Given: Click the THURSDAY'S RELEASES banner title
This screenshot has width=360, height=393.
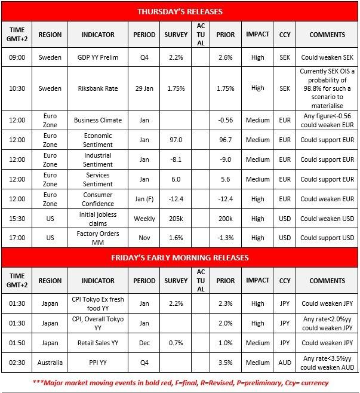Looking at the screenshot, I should (x=180, y=11).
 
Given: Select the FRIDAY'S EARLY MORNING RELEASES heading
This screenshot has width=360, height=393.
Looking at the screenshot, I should (x=180, y=257).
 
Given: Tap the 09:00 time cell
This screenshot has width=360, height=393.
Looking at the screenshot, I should (x=16, y=57).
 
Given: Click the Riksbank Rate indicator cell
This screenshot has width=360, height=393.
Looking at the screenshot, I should (x=97, y=88).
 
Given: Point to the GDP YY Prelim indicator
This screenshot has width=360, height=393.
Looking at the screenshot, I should (x=97, y=57).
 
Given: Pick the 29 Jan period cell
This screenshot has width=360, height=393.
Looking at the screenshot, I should (x=144, y=88).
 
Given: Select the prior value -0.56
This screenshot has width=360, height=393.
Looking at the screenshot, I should (x=226, y=119).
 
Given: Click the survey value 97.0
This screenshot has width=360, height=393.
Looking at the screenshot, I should (x=176, y=140).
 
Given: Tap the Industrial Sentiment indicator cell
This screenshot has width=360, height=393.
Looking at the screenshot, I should (x=97, y=159).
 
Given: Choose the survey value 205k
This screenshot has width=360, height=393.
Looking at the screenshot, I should (x=176, y=219).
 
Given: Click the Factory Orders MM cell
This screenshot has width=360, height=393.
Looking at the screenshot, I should (x=97, y=238).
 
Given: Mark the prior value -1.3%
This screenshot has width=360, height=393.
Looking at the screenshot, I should (x=226, y=238).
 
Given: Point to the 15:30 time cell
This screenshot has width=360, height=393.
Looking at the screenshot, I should (x=16, y=219).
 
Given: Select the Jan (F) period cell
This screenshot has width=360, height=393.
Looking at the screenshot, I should (x=144, y=199).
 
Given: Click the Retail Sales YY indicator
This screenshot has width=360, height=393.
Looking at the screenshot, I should (x=97, y=343).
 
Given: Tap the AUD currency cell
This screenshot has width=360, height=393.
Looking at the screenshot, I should (x=285, y=363).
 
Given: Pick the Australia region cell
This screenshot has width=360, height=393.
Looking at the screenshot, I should (x=50, y=363).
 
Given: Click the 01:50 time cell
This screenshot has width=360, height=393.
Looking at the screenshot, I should (x=16, y=343).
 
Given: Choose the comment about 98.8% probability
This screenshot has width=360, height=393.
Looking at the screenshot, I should (x=327, y=88).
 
